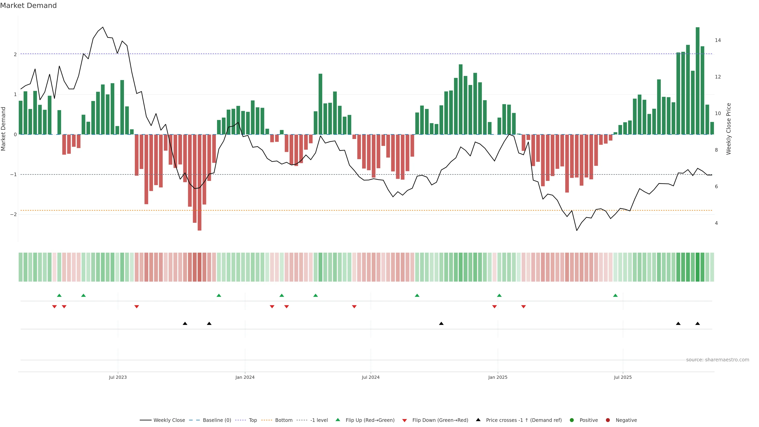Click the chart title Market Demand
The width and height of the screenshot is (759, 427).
pos(28,6)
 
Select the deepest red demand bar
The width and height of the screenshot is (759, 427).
pos(199,183)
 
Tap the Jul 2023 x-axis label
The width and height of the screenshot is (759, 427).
pos(118,377)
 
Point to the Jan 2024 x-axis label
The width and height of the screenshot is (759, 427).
pos(245,377)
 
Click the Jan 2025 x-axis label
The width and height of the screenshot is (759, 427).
pos(498,377)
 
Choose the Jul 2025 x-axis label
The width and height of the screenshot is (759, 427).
pos(623,377)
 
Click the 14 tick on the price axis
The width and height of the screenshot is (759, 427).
pos(718,40)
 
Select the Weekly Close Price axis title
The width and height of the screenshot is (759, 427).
pos(729,129)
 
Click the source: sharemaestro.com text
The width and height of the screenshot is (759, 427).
pos(717,360)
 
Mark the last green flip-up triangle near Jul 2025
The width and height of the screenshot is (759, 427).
pos(615,295)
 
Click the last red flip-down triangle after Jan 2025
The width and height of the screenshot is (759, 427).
pos(523,307)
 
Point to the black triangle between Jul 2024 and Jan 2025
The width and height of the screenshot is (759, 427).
pos(441,324)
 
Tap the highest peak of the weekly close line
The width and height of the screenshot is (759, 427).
pos(103,27)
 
